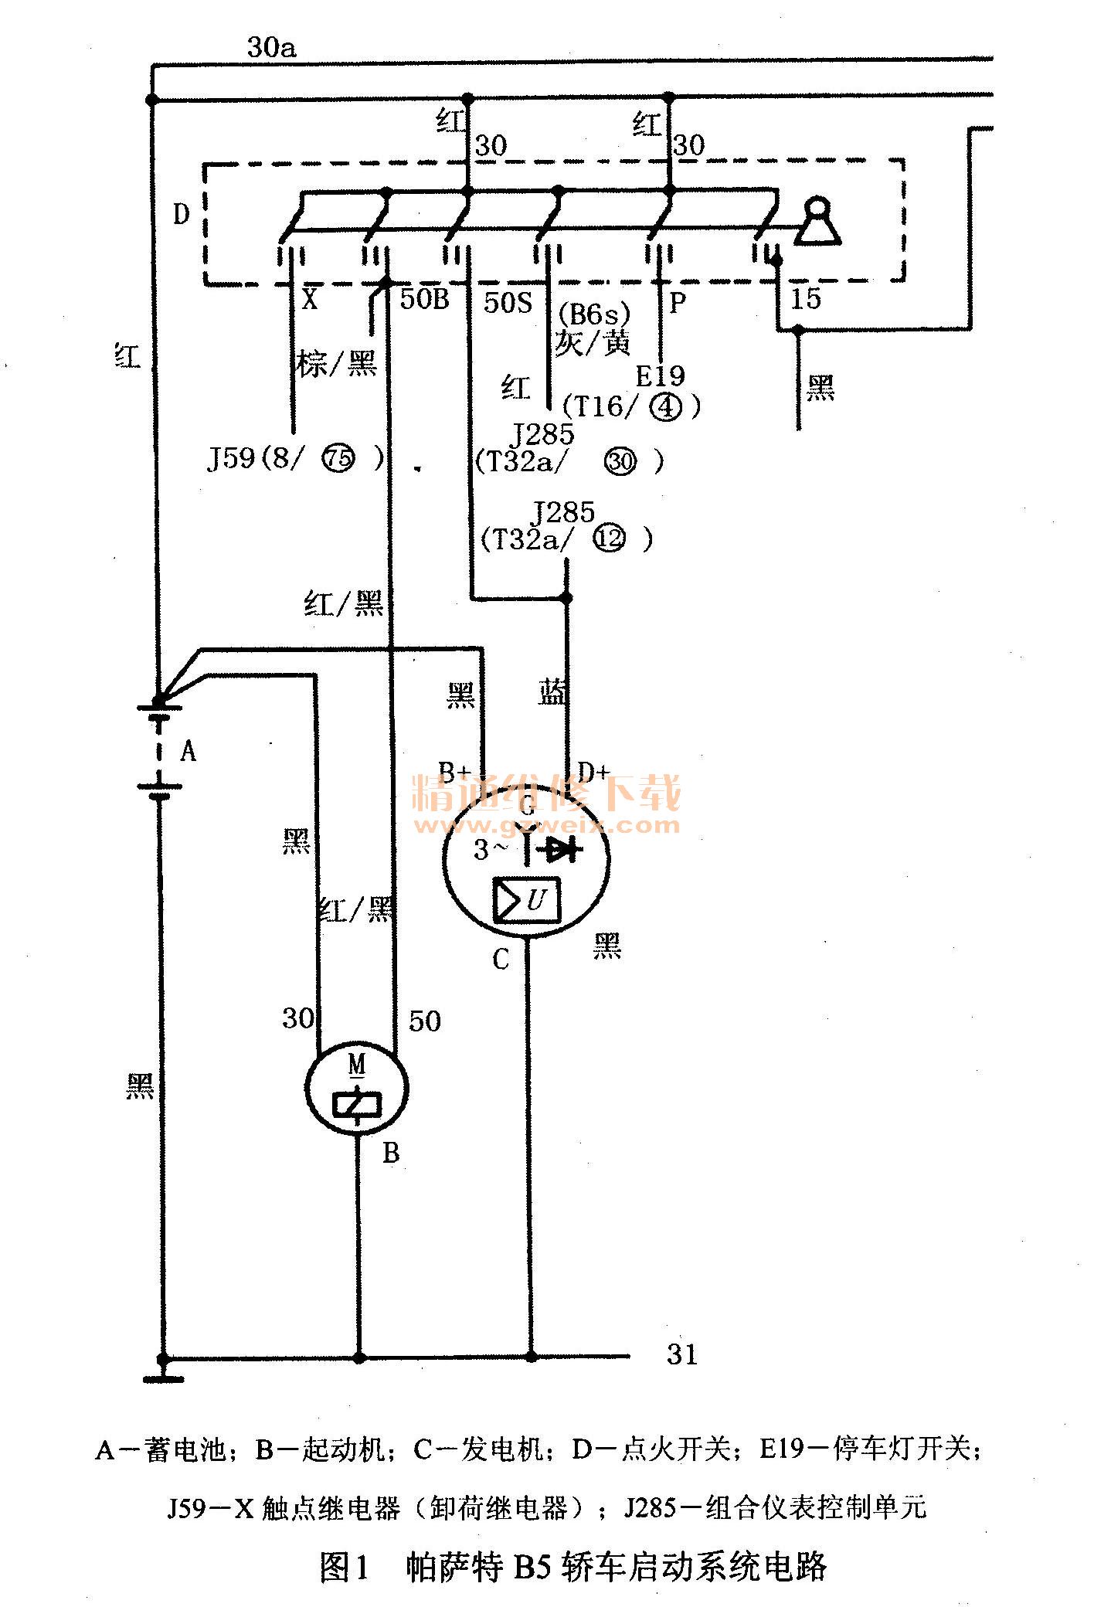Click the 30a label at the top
pos(271,48)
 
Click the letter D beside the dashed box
pos(181,214)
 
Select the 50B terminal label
pos(424,299)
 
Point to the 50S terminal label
pos(508,302)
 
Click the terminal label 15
pos(806,299)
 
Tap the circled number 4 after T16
pos(666,406)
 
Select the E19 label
pos(660,376)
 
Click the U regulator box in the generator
pos(528,899)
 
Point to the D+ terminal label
pos(593,771)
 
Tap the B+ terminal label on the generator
pos(454,771)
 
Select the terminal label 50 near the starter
pos(424,1021)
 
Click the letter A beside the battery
pos(188,749)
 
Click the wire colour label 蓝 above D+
pos(553,692)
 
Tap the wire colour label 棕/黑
pos(337,362)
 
